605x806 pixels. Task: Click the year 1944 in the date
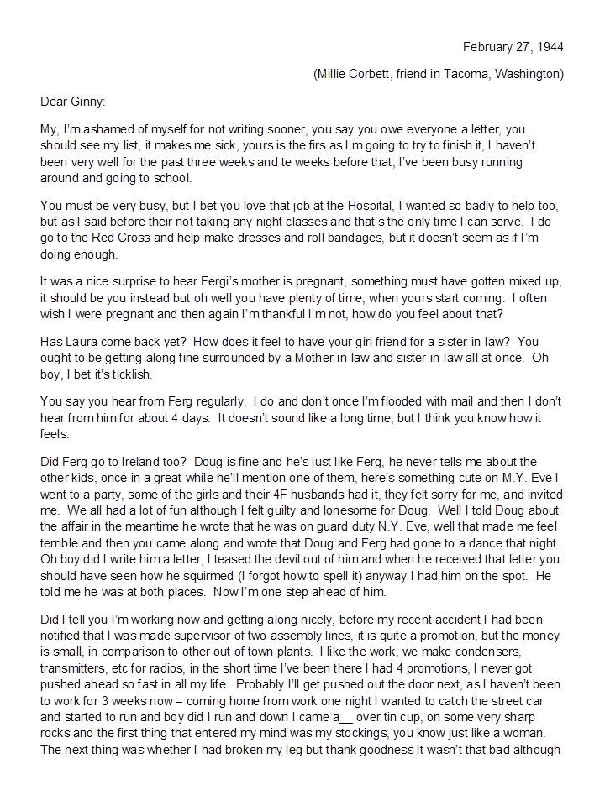point(550,46)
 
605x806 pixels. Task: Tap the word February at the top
point(488,46)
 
